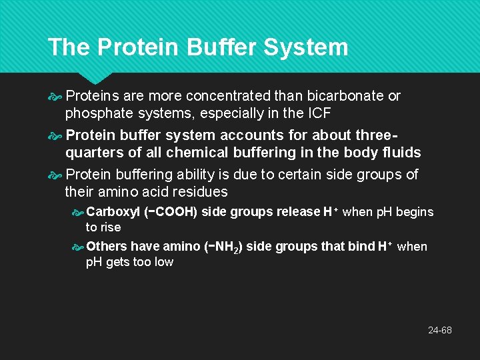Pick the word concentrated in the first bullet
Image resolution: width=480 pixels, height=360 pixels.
pos(224,96)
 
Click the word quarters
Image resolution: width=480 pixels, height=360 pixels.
pos(93,153)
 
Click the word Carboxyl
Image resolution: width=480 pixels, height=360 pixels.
pos(113,212)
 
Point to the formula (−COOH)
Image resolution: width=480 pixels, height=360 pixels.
pos(171,212)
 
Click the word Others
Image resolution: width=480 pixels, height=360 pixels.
pos(107,247)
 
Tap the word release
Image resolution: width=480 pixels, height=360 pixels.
pos(297,212)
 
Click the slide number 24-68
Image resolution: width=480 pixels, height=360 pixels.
pos(439,330)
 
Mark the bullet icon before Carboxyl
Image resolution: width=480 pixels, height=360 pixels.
pos(77,213)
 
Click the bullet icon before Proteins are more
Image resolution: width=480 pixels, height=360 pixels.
pos(55,97)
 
